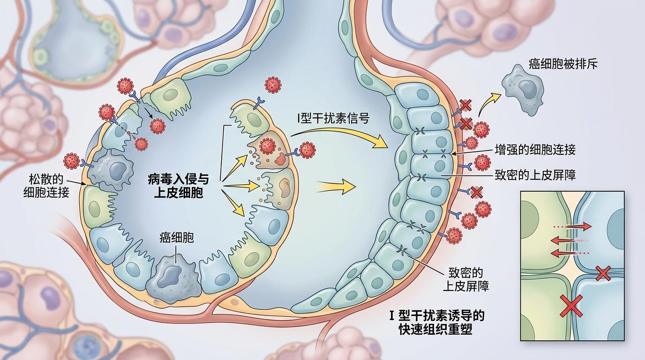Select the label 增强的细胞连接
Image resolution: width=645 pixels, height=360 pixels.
[x=535, y=150]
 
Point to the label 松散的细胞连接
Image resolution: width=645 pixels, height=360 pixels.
[x=46, y=186]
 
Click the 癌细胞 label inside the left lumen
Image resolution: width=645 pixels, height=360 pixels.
[x=176, y=238]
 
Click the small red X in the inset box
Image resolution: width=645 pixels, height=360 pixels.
[x=603, y=273]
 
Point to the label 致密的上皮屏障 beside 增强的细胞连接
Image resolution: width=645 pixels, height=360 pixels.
[x=535, y=175]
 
